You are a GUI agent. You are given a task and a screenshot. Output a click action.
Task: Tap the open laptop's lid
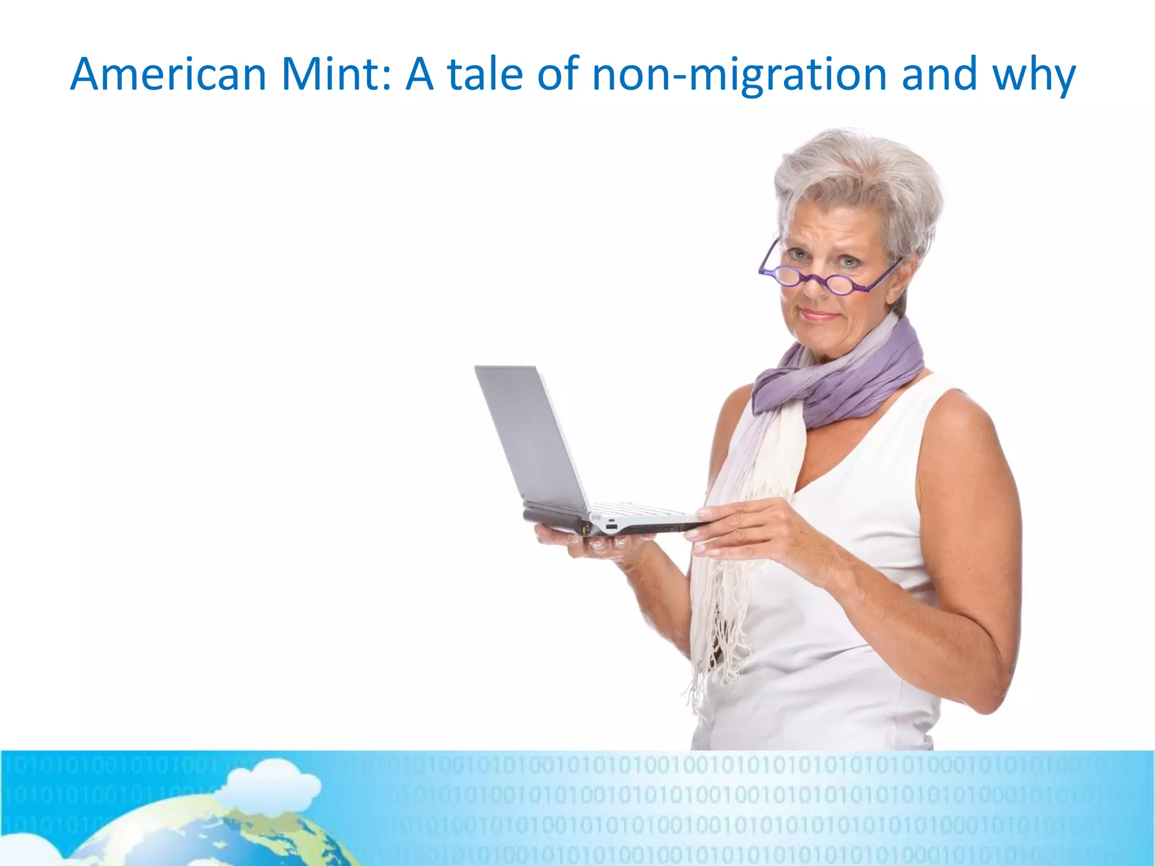pos(530,434)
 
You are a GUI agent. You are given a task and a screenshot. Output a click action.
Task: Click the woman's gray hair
pos(857,175)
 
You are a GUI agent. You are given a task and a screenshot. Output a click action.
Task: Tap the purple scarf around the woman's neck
pos(846,378)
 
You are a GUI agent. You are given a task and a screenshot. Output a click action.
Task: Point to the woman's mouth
pos(818,315)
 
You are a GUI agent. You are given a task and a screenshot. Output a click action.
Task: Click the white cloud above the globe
pos(271,781)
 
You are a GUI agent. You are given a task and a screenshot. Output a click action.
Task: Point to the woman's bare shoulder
pos(959,417)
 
